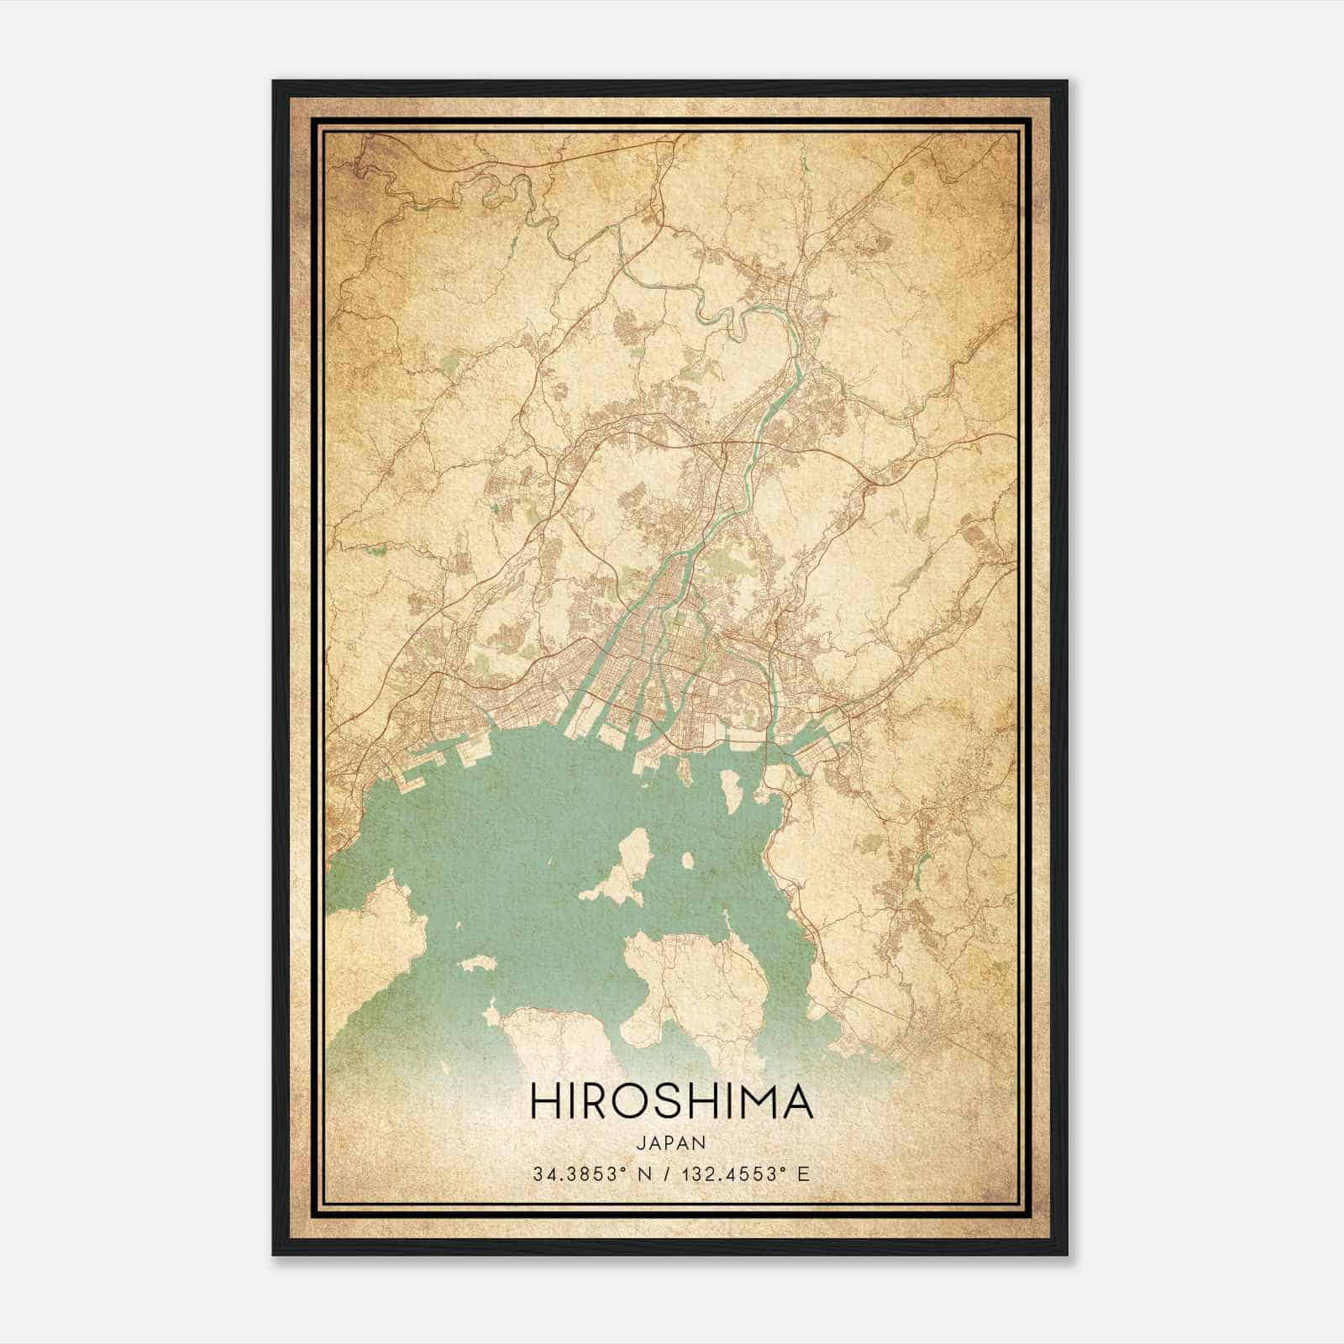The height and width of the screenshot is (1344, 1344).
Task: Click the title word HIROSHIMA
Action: pos(671,1101)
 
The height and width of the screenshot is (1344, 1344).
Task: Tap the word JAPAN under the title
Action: pos(671,1142)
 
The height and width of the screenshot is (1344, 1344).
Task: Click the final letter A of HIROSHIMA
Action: pos(797,1101)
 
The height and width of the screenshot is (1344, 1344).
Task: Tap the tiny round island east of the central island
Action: pos(688,861)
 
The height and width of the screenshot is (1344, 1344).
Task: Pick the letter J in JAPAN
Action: pos(641,1142)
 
